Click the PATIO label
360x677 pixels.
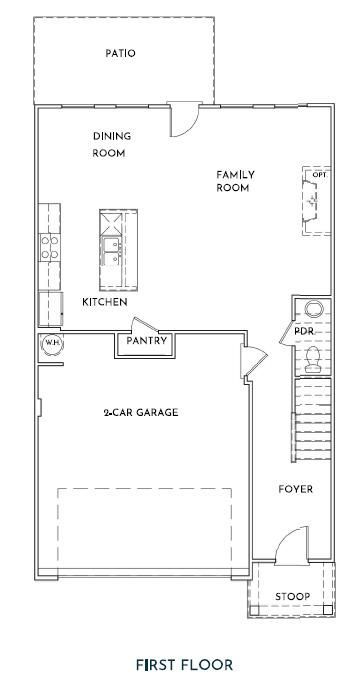click(x=120, y=54)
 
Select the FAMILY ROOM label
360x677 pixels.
click(x=235, y=181)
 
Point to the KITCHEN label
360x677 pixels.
click(x=105, y=302)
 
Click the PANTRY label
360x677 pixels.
click(x=146, y=341)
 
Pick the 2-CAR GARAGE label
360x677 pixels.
click(x=141, y=413)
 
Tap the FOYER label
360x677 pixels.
click(x=296, y=490)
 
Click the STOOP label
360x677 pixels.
click(x=293, y=597)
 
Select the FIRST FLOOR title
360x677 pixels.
click(x=185, y=664)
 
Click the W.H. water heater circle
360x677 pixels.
click(x=51, y=344)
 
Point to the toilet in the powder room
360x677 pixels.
click(x=312, y=360)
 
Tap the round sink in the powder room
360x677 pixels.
click(x=314, y=309)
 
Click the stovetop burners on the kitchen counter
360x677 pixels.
click(x=50, y=247)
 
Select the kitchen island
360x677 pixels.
click(x=118, y=250)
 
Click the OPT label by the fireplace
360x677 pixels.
click(x=319, y=175)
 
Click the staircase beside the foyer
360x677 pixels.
click(x=313, y=420)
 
